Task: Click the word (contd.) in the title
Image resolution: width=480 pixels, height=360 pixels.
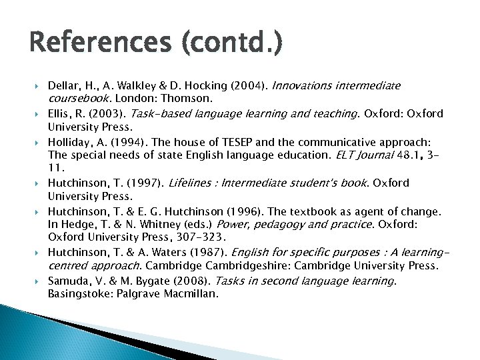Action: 231,45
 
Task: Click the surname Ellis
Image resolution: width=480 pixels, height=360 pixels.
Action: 61,113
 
